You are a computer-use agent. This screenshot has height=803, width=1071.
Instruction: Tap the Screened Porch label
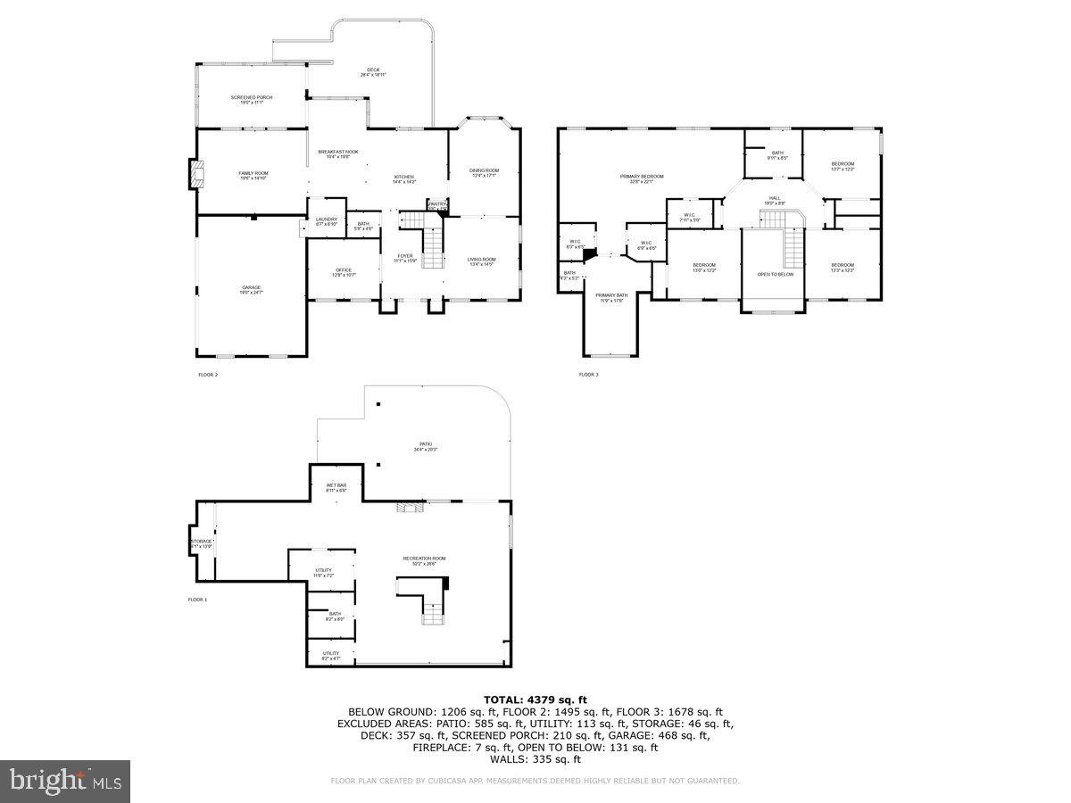[x=252, y=99]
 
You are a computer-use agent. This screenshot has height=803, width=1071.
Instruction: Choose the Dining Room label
[x=485, y=172]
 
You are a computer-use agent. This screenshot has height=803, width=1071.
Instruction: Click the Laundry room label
[x=326, y=220]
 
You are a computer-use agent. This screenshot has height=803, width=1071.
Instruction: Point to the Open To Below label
[x=775, y=274]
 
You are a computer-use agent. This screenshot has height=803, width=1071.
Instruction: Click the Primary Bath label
[x=611, y=297]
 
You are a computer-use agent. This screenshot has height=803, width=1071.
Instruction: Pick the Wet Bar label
[x=336, y=487]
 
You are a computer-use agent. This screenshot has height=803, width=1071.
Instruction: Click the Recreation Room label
[x=424, y=560]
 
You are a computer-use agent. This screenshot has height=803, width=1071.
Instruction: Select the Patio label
[x=426, y=446]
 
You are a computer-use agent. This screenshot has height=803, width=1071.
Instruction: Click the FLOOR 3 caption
[x=588, y=375]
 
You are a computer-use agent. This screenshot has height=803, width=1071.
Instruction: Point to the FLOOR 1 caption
[x=196, y=600]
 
